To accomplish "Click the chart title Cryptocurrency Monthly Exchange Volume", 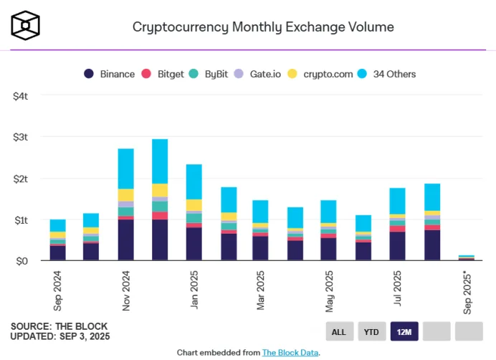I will (x=263, y=27).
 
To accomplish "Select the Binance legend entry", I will (x=109, y=74).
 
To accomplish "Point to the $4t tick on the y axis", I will (x=20, y=95).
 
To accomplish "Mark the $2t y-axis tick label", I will (x=20, y=179).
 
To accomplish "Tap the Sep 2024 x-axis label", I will (x=58, y=290).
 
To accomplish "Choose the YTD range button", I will (x=371, y=331).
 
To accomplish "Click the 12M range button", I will (x=404, y=331).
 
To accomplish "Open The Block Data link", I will (x=290, y=352).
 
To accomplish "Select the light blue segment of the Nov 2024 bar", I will (x=126, y=169).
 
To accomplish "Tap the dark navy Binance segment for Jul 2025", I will (x=398, y=246).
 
